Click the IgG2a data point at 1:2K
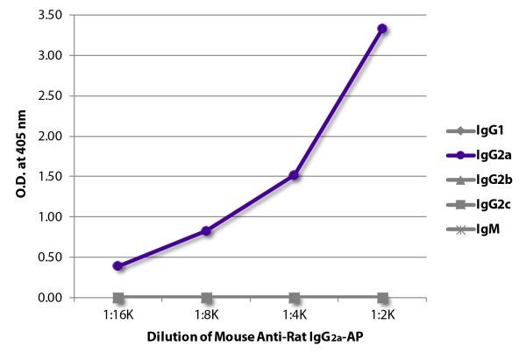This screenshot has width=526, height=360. (x=382, y=28)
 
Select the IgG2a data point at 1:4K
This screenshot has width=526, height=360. (x=295, y=175)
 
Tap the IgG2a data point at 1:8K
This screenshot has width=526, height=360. (x=206, y=231)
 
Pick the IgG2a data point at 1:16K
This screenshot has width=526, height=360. (x=118, y=265)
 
